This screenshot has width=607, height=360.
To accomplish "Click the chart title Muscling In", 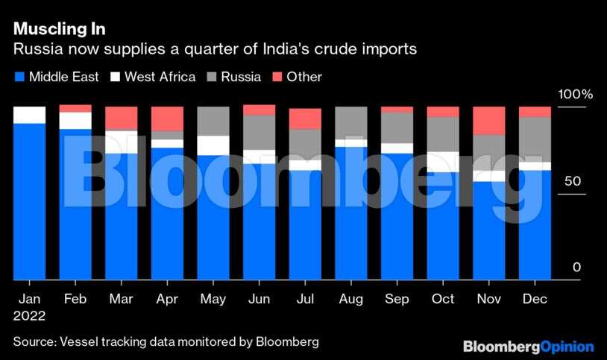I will pos(59,29).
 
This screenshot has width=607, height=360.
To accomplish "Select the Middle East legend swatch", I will pos(19,77).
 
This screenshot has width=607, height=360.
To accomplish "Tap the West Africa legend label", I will pos(160,76).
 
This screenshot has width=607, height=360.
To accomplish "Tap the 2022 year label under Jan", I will pos(29,316).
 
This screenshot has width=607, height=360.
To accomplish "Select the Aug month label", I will pos(350,298).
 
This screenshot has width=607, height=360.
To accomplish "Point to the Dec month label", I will pos(535,298).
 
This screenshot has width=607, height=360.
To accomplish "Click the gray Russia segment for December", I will pos(535,139).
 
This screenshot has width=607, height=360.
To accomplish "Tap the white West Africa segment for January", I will pos(29,115).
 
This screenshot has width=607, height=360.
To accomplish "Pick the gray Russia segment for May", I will pos(213,121).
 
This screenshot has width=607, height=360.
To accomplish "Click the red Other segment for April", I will pos(167,119).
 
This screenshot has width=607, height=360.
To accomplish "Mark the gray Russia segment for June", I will pos(259,133).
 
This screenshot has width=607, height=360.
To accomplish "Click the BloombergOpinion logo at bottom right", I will pos(528,347).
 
